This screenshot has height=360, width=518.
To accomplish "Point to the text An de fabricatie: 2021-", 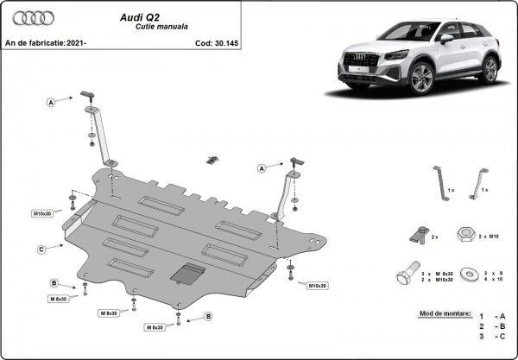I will pos(47,41).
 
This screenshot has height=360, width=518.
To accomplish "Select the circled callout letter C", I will pos(41,249).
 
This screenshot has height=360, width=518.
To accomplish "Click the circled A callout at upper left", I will pos(51,103).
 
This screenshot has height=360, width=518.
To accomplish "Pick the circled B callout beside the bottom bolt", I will pos(208,317).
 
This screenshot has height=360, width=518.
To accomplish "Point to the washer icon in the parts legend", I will pos(470,275).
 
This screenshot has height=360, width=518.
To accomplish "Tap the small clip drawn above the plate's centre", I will pos(212,159).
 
